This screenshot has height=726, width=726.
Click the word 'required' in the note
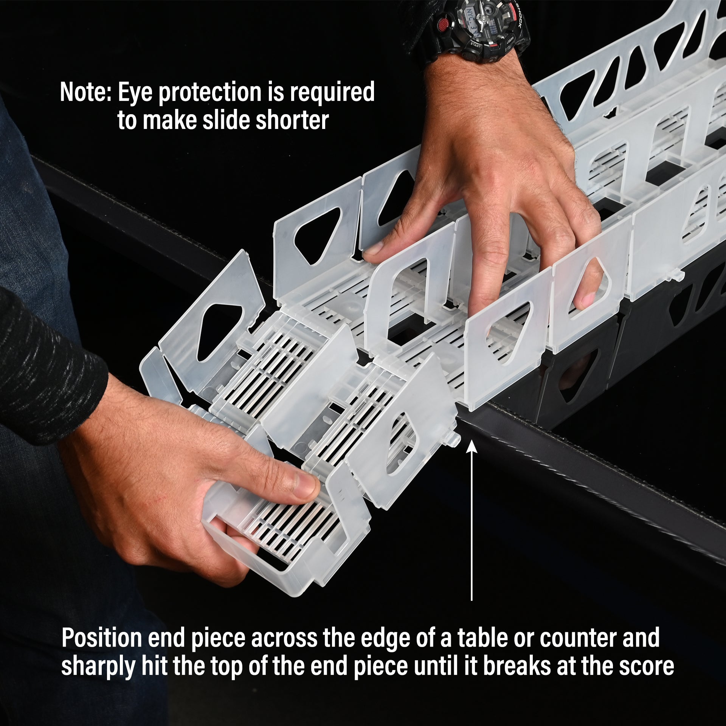click(x=332, y=93)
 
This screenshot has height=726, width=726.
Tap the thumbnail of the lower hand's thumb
click(x=306, y=486)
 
